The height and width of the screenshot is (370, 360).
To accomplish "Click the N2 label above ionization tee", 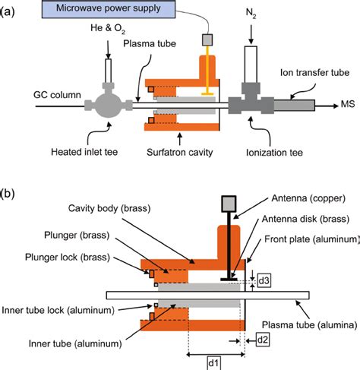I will click(251, 14).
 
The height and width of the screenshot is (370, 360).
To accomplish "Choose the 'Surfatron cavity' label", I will click(179, 151).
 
